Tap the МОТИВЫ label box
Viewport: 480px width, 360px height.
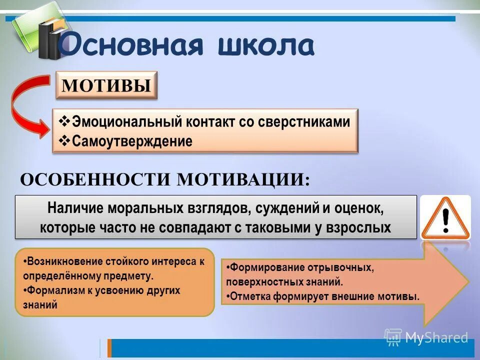tap(106, 85)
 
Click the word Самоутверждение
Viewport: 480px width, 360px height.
tap(132, 141)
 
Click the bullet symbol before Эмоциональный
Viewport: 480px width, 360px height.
tap(65, 122)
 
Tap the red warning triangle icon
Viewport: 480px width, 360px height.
tap(445, 218)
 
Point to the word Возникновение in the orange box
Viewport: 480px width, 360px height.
tap(65, 261)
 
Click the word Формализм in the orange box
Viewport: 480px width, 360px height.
tap(52, 290)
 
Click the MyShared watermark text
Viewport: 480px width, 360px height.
tap(436, 337)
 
